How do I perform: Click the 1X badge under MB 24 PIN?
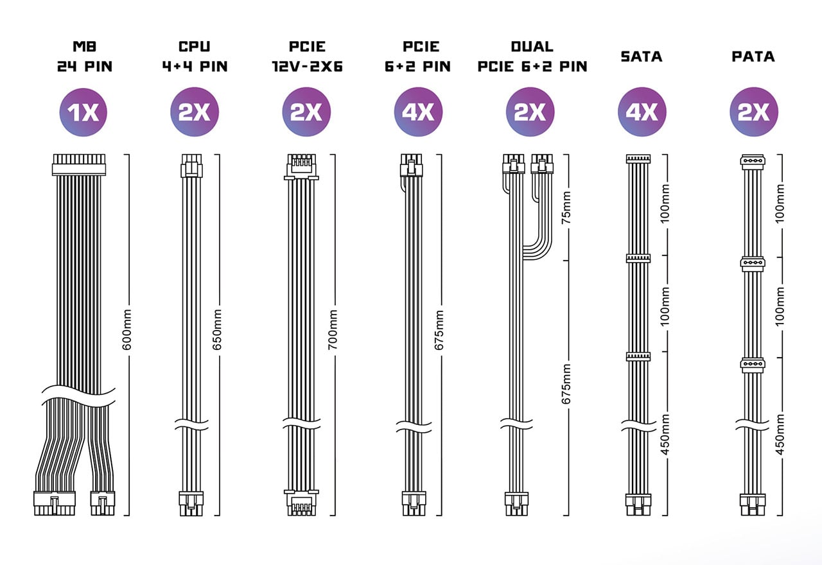click(x=83, y=112)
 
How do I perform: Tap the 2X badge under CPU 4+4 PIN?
click(x=195, y=112)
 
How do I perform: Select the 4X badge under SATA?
click(x=642, y=112)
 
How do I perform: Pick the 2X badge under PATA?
click(x=754, y=112)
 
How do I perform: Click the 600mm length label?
click(x=127, y=329)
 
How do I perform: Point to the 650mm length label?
click(x=217, y=329)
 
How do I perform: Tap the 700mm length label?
click(x=333, y=329)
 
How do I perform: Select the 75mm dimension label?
click(x=566, y=207)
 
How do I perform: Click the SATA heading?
click(x=642, y=56)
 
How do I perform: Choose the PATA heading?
click(x=753, y=56)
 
